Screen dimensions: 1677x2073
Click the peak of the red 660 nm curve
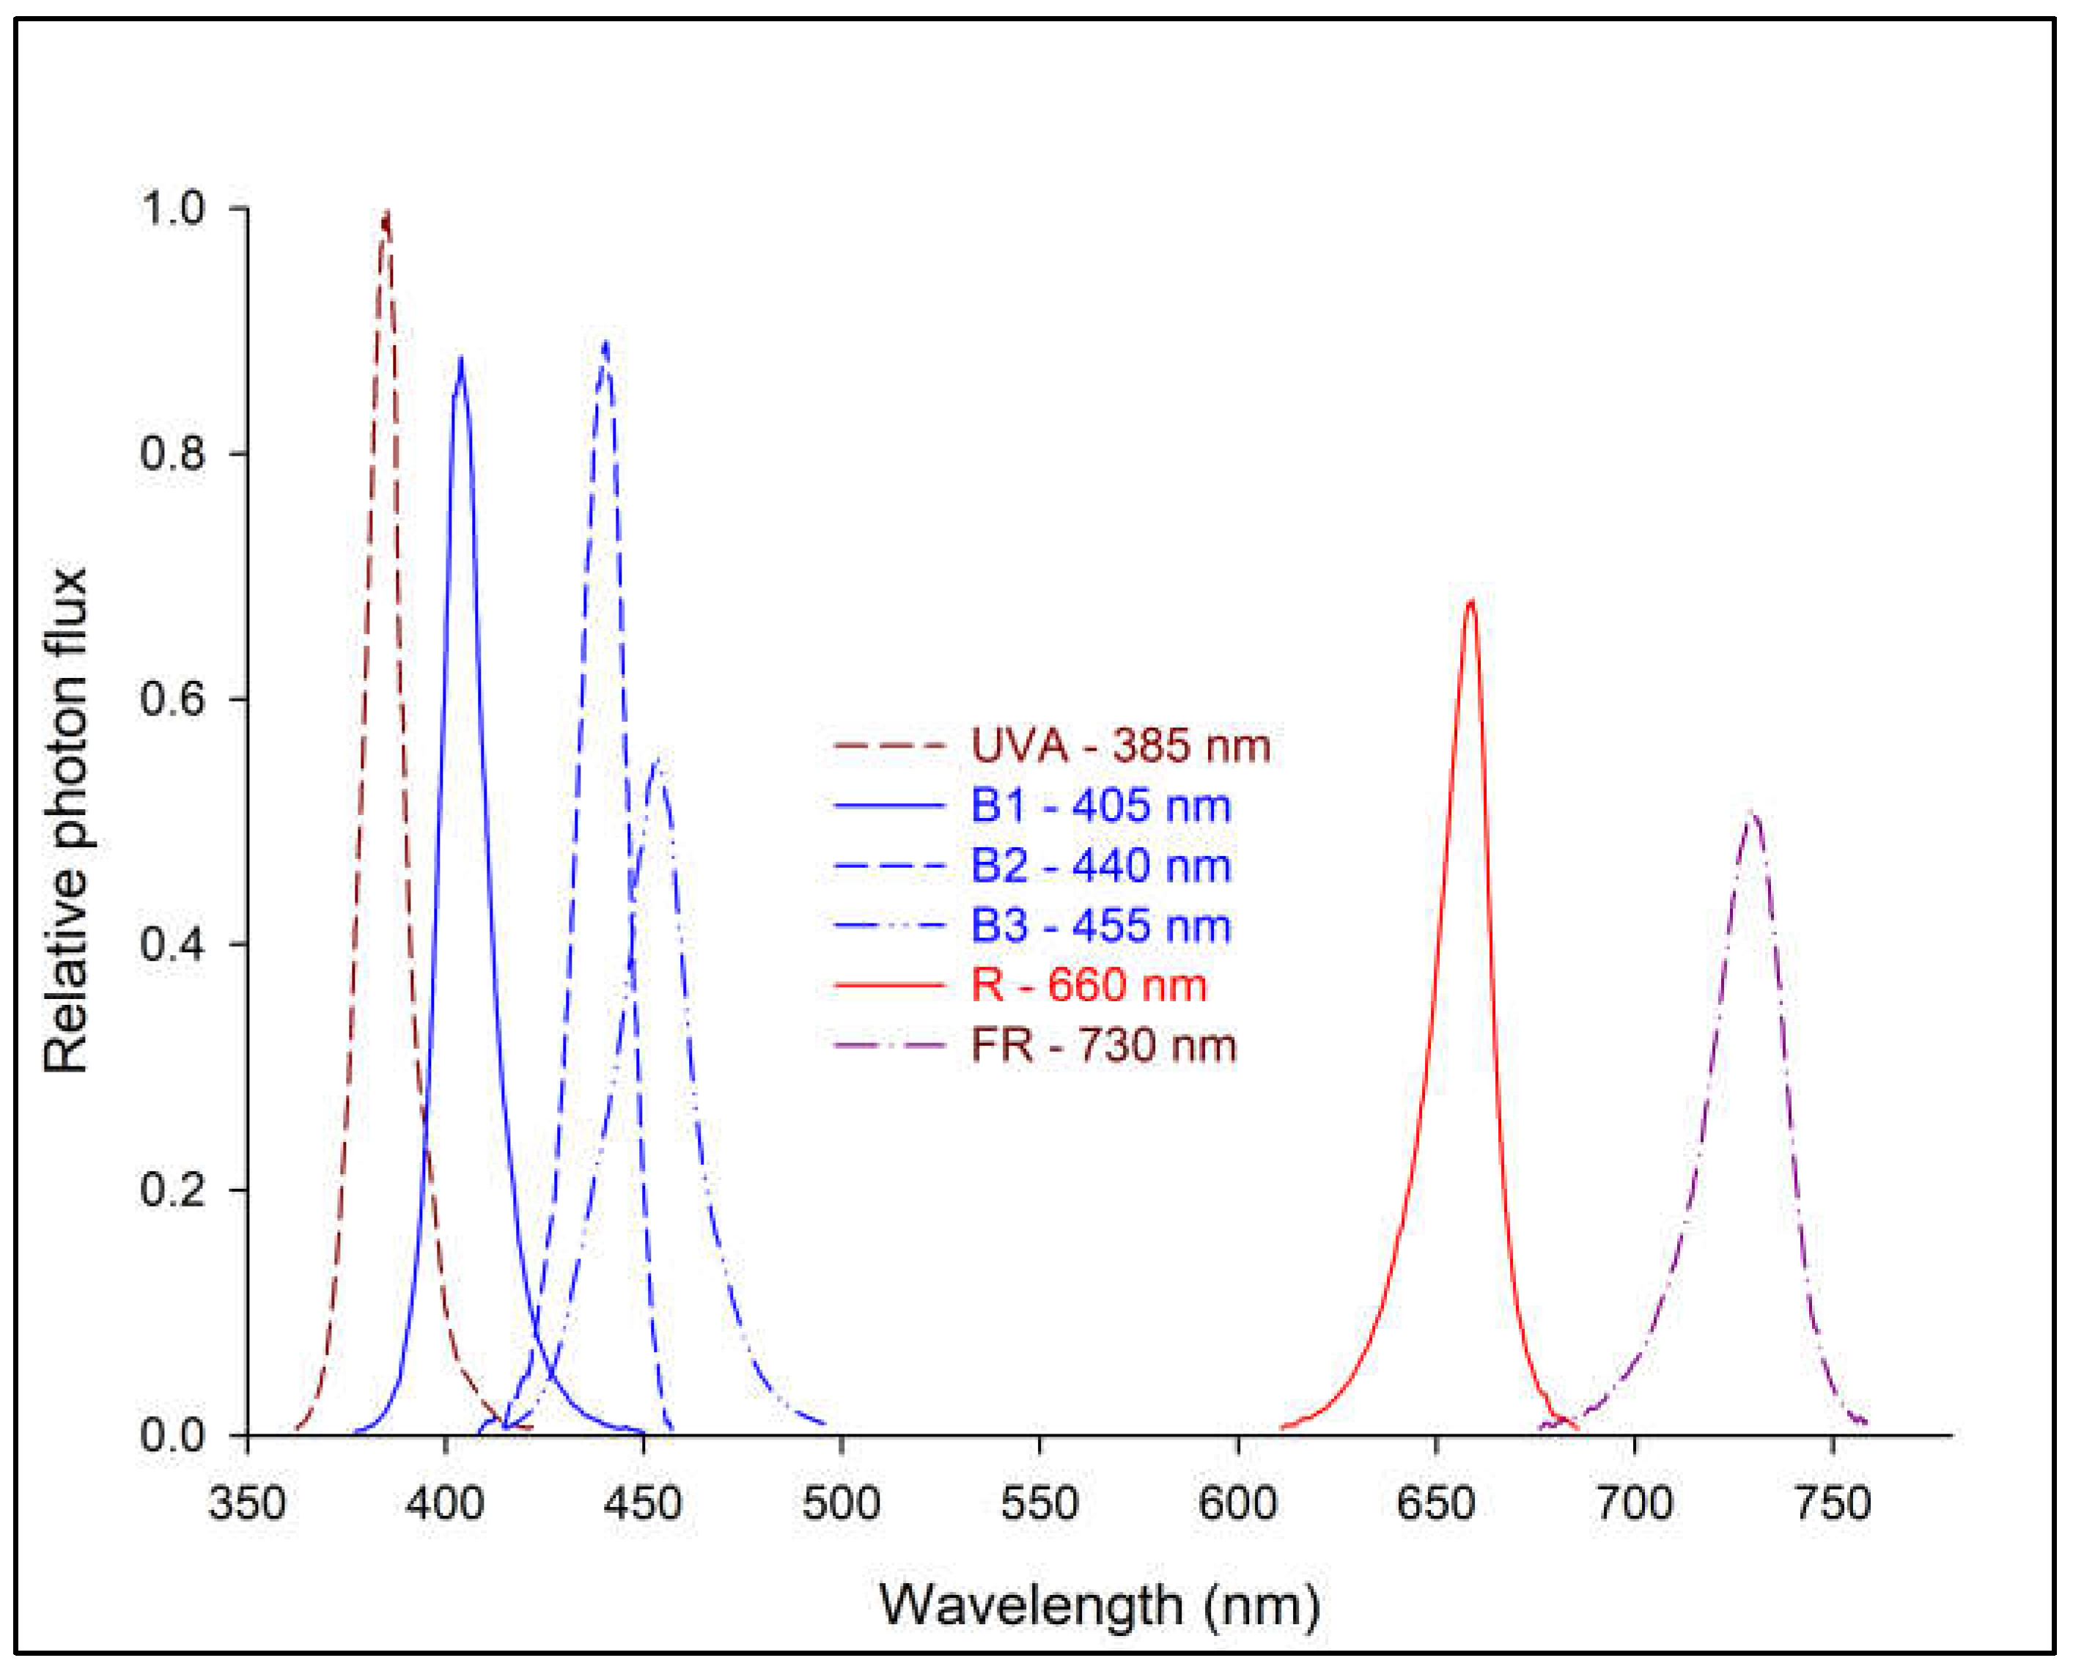tap(1470, 602)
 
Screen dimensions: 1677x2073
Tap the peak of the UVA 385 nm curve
tap(386, 215)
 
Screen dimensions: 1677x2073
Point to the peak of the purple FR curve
tap(1752, 814)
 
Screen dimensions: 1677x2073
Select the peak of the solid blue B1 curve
tap(461, 359)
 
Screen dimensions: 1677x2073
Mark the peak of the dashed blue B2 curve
tap(605, 344)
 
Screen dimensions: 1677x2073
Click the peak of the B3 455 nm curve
tap(657, 760)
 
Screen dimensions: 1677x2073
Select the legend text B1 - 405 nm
tap(1100, 806)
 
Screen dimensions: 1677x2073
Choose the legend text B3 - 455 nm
tap(1100, 926)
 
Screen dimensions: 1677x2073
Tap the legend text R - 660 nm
tap(1088, 985)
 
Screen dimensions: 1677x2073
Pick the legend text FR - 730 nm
tap(1103, 1046)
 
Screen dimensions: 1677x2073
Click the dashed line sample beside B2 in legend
tap(888, 866)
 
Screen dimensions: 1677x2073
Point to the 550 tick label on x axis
tap(1039, 1504)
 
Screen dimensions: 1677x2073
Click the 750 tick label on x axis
tap(1833, 1504)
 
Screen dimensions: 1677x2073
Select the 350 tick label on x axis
tap(247, 1504)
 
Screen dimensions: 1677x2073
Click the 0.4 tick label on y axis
tap(173, 944)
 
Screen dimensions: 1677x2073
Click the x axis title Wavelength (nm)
tap(1100, 1604)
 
